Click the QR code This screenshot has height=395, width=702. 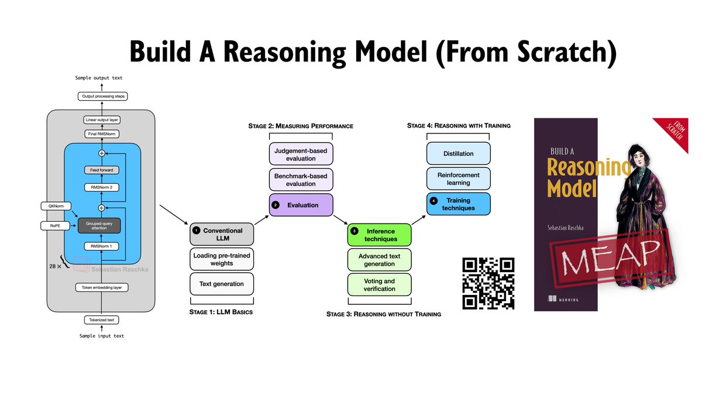coord(488,283)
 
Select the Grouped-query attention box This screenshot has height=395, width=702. coord(99,225)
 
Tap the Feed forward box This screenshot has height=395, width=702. coord(101,170)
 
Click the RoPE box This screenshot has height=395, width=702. coord(54,225)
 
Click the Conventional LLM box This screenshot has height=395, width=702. coord(222,234)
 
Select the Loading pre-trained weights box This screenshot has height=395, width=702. coord(222,259)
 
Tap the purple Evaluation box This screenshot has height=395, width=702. coord(301,205)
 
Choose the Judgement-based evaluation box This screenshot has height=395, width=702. coord(301,154)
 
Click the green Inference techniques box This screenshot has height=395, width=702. coord(380,235)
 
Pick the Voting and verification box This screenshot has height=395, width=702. coord(380,285)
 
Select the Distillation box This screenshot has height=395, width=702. coord(459,154)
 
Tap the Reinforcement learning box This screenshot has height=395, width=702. coord(459,178)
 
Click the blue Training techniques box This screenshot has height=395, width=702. coord(459,204)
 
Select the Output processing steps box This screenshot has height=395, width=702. coord(102,96)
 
